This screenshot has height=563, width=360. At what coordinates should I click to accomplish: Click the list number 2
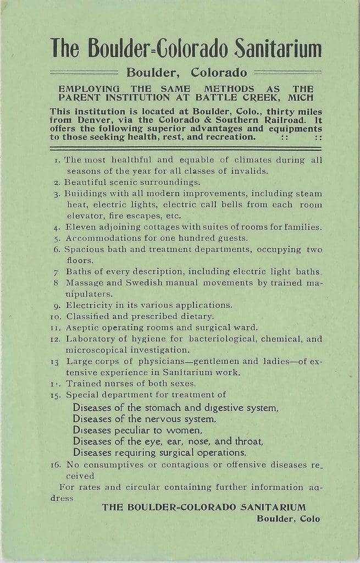[57, 183]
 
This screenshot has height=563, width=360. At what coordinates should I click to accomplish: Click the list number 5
[57, 239]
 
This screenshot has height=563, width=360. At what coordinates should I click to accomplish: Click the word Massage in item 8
[84, 283]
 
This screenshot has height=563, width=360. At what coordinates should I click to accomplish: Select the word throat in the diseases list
[250, 441]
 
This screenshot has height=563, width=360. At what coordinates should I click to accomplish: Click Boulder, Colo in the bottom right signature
[288, 518]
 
